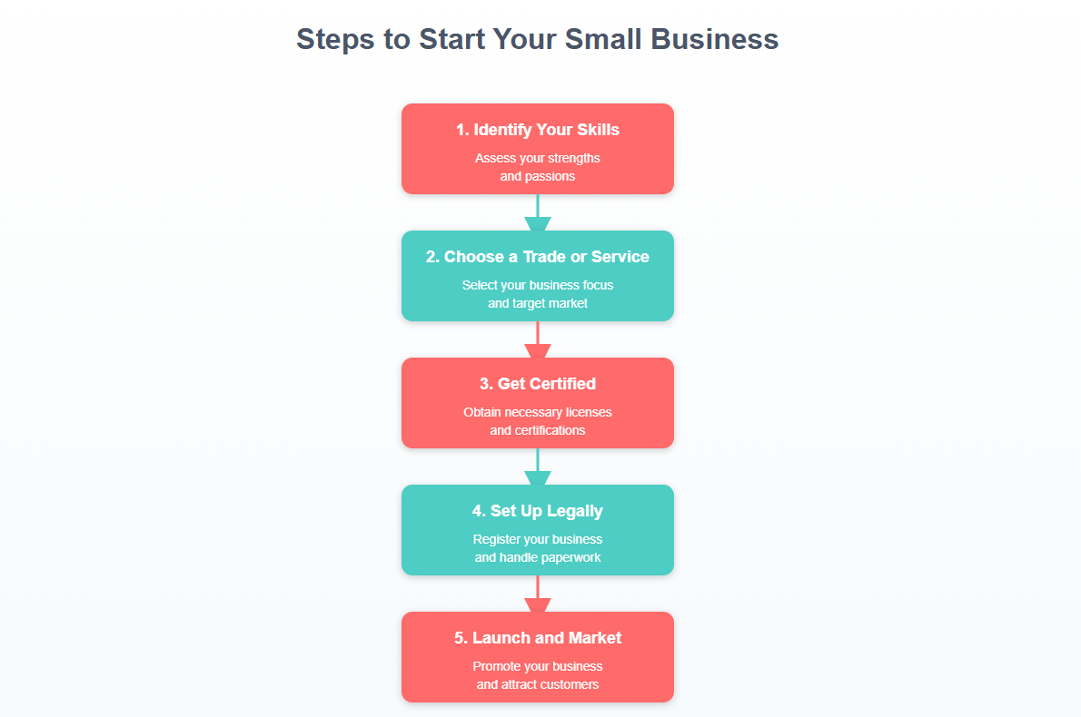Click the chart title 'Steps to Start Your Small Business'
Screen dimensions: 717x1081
(x=537, y=40)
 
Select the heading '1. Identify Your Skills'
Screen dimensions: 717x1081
(x=538, y=130)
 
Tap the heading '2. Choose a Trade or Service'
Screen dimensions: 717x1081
(x=538, y=257)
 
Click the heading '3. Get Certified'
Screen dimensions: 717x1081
(x=538, y=384)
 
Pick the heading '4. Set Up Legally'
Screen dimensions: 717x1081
(x=538, y=511)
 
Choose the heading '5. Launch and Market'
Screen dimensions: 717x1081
(x=538, y=638)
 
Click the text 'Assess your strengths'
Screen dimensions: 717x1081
(x=538, y=158)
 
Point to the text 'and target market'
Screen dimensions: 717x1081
(x=538, y=303)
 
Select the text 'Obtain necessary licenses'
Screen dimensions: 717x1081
(x=538, y=412)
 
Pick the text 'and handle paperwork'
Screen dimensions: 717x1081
(x=538, y=557)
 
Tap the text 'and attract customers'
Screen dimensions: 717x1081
(x=538, y=684)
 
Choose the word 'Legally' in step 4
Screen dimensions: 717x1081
(x=573, y=511)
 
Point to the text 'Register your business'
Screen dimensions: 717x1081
(x=538, y=539)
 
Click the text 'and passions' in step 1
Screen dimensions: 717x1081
(x=538, y=176)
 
